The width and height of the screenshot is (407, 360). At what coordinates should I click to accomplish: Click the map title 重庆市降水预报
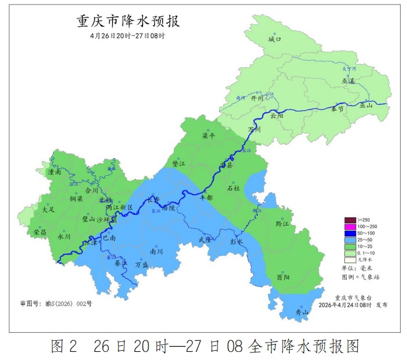click(128, 21)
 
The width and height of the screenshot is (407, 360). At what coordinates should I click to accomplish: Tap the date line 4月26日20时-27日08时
click(128, 36)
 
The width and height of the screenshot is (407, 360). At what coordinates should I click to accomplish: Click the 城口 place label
click(274, 39)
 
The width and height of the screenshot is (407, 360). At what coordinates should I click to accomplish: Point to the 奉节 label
click(337, 108)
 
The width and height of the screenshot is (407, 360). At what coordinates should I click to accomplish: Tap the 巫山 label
click(366, 105)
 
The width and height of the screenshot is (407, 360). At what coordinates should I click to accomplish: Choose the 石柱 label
click(234, 188)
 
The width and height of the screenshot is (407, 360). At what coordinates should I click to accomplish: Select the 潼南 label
click(54, 172)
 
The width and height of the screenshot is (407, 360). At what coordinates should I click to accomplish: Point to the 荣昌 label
click(40, 232)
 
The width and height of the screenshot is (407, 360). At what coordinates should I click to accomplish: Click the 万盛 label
click(142, 264)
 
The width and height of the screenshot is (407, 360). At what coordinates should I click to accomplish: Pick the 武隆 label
click(205, 239)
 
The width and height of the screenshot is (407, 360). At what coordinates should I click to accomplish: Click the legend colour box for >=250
click(350, 220)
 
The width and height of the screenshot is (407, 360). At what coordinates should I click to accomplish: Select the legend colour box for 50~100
click(350, 233)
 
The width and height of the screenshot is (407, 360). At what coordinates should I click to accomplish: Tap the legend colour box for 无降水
click(350, 260)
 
